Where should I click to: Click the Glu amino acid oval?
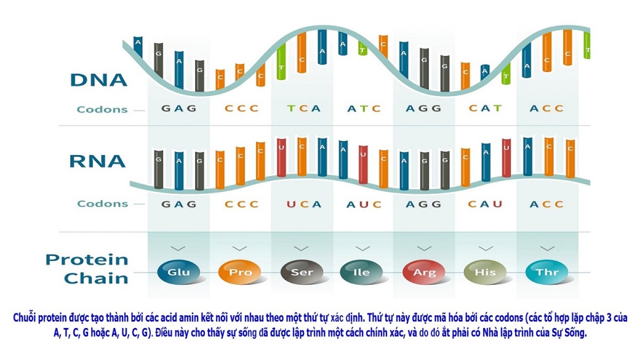point(178,271)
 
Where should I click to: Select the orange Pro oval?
point(239,271)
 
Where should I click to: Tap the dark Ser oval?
point(302,271)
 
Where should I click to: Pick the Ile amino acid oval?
point(362,271)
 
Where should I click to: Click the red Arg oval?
point(424,271)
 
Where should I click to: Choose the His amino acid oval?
point(485,271)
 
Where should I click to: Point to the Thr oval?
point(547,271)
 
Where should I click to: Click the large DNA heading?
point(99,79)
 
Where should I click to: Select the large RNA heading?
point(98,161)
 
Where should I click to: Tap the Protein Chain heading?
point(87,269)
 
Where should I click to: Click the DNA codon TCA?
point(303,108)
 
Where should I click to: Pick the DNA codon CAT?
point(485,108)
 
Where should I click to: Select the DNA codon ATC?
point(364,108)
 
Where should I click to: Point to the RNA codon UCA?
point(304,204)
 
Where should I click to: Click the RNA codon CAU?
point(485,204)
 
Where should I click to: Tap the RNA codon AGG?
point(423,204)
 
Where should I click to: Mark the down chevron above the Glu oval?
point(178,249)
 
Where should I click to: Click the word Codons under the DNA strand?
point(102,109)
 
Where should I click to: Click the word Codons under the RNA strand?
point(102,204)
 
